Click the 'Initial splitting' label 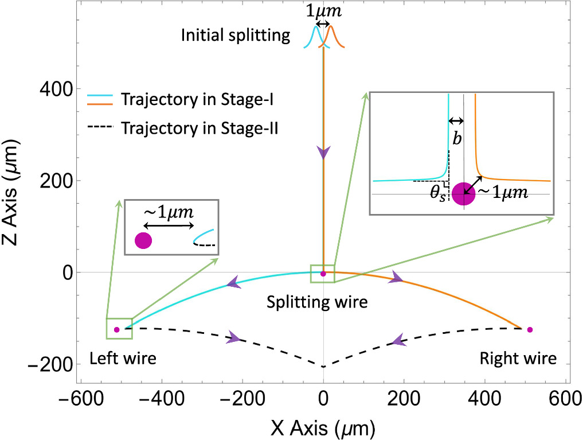point(236,36)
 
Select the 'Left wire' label point(123,359)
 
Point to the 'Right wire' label point(518,359)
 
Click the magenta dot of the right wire point(530,329)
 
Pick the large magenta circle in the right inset point(463,194)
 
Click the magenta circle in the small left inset point(143,241)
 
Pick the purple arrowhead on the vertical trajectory point(324,153)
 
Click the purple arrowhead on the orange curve point(396,279)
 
